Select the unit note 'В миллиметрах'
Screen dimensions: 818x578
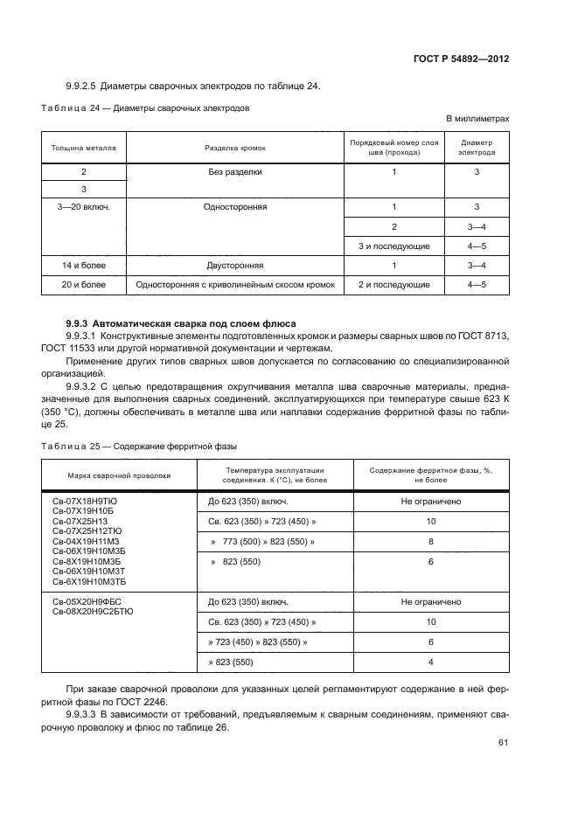(477, 118)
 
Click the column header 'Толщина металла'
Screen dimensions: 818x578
(84, 148)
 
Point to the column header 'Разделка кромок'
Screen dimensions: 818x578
(234, 148)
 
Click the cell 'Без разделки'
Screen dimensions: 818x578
(234, 172)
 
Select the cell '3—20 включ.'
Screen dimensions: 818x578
(84, 207)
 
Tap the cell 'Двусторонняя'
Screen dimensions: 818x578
(234, 264)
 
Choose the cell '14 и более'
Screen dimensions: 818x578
(84, 264)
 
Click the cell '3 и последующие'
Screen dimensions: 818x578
(393, 245)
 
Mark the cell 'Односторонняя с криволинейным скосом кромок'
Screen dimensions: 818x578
(234, 284)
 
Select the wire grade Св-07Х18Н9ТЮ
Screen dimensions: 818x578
(84, 501)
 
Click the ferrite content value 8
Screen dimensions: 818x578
(430, 542)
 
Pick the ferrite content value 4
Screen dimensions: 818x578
(430, 662)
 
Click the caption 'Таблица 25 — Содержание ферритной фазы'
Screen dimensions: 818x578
(139, 446)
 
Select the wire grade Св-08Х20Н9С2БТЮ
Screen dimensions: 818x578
(93, 612)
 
